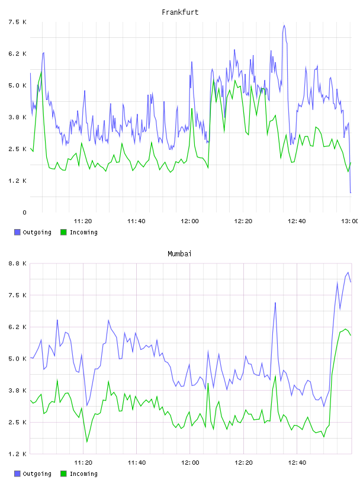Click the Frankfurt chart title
180,12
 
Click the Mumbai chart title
179,254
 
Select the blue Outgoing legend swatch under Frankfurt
17,232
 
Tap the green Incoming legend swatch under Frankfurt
63,232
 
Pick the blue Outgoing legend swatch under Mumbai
17,474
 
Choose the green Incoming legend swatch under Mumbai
63,474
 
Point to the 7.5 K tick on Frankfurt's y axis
18,22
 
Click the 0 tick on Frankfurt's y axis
25,212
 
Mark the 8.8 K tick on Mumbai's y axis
18,263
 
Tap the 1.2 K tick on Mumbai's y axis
18,454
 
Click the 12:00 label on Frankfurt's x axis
189,221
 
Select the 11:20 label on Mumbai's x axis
83,462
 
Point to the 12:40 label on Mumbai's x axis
297,462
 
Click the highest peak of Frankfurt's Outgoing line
284,25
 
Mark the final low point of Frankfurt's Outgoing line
351,192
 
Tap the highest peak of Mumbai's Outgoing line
348,272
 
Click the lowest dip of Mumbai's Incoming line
87,442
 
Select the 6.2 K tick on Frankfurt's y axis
18,54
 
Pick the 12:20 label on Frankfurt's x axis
243,221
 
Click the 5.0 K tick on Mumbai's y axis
18,359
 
